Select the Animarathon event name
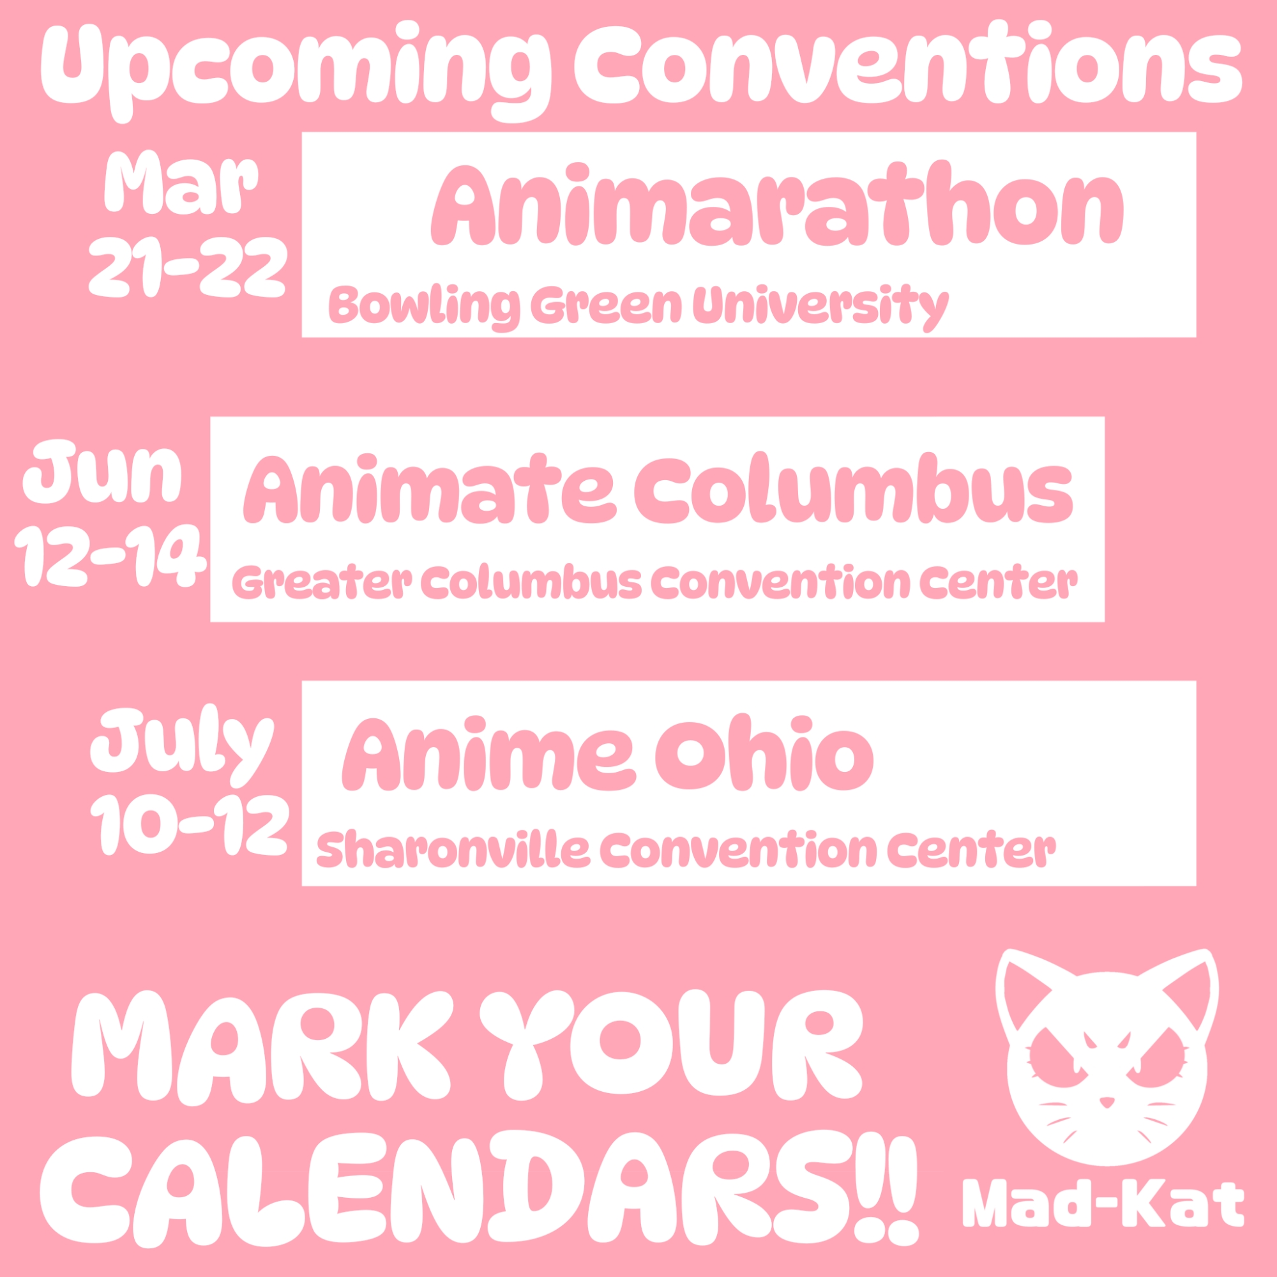pyautogui.click(x=777, y=204)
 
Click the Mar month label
pyautogui.click(x=181, y=183)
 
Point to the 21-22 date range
pyautogui.click(x=188, y=266)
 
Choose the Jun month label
pyautogui.click(x=102, y=471)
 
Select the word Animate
pyautogui.click(x=430, y=488)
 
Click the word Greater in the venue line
pyautogui.click(x=322, y=582)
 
